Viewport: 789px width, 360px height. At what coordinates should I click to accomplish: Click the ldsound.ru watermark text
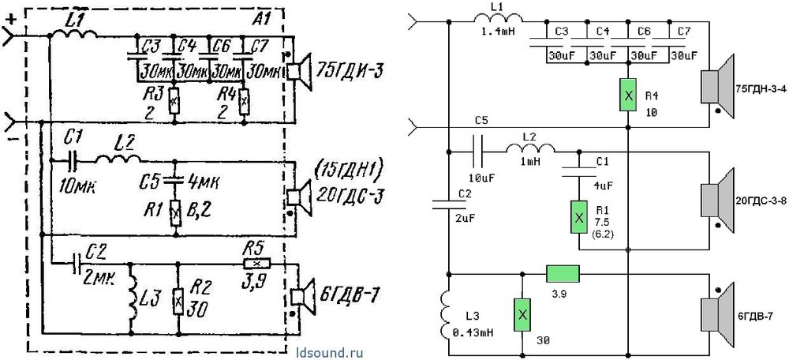330,352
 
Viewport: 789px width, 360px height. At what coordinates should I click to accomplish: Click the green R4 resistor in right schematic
627,96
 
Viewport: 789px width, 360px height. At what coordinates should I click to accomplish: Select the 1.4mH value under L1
499,32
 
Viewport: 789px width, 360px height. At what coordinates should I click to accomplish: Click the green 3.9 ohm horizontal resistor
563,273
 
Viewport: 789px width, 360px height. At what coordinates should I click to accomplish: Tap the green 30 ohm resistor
522,315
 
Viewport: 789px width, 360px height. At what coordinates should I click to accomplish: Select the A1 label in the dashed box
262,21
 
